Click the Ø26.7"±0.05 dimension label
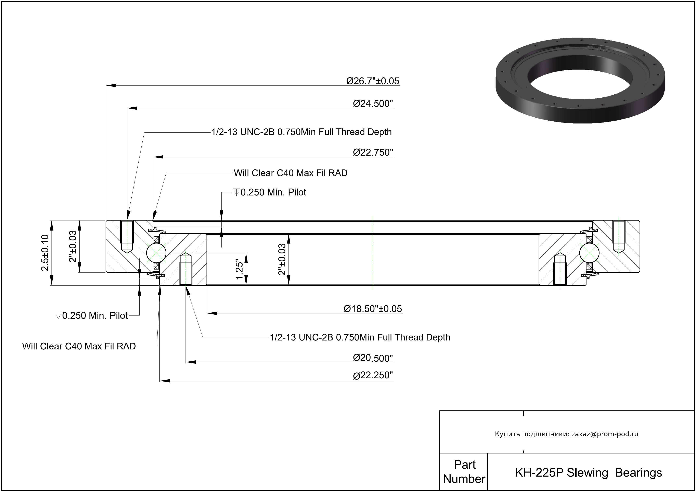pos(373,81)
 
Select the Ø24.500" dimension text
pos(373,104)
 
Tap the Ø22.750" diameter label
pos(373,152)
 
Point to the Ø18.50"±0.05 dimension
pos(373,309)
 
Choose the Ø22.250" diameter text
pos(373,375)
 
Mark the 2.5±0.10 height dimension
pos(45,253)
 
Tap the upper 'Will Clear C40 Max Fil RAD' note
pos(290,173)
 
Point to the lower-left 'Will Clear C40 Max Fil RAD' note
pos(79,346)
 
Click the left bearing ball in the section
pos(156,252)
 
